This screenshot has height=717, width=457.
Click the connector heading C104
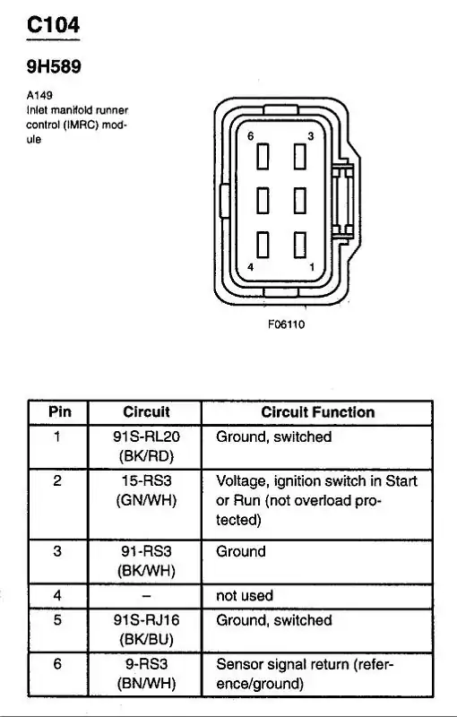[x=53, y=26]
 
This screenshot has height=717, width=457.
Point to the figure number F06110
[x=286, y=324]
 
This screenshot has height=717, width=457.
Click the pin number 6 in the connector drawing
[x=252, y=135]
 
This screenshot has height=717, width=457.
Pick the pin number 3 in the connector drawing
[x=309, y=135]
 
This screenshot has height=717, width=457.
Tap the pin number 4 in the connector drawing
[x=252, y=267]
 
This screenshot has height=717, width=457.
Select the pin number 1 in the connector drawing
[x=309, y=267]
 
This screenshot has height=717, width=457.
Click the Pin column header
[x=59, y=412]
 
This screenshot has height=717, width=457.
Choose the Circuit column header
[x=146, y=412]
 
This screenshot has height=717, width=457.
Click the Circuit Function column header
[x=317, y=412]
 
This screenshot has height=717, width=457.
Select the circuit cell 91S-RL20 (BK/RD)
[x=146, y=445]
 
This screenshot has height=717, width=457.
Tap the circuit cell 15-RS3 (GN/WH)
[x=146, y=490]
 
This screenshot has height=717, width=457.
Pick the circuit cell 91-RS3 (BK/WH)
[x=146, y=560]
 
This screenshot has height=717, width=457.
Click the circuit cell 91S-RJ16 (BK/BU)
[x=146, y=629]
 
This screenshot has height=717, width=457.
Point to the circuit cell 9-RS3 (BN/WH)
[x=146, y=674]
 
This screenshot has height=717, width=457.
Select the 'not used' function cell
[x=245, y=595]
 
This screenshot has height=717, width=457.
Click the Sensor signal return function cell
[x=305, y=674]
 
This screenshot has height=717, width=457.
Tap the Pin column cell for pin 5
[x=57, y=620]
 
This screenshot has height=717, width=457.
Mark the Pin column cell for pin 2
[x=57, y=481]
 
